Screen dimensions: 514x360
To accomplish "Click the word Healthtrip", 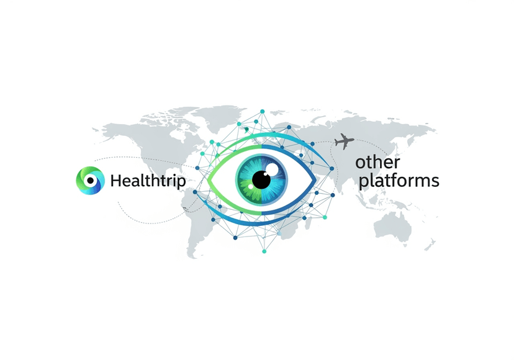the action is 148,181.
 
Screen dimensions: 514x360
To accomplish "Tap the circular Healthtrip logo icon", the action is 91,181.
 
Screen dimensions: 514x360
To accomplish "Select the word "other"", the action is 377,162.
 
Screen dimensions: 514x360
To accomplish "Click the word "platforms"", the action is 399,181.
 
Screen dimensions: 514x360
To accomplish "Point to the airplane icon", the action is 344,142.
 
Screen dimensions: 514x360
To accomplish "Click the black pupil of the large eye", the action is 261,179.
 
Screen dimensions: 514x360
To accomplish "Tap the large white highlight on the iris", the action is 272,169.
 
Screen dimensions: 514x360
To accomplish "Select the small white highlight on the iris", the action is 251,186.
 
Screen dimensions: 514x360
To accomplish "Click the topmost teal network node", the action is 262,112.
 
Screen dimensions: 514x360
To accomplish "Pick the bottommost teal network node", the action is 264,251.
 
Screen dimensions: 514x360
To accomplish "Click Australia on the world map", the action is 393,227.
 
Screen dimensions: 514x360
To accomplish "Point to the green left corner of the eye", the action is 209,179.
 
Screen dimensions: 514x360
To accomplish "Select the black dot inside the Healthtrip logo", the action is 91,181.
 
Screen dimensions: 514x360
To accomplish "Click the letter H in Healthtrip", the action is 116,181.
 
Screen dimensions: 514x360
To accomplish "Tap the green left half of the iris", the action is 246,179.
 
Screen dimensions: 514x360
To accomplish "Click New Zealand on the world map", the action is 431,245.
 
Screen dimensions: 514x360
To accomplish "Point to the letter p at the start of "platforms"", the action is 363,183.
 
